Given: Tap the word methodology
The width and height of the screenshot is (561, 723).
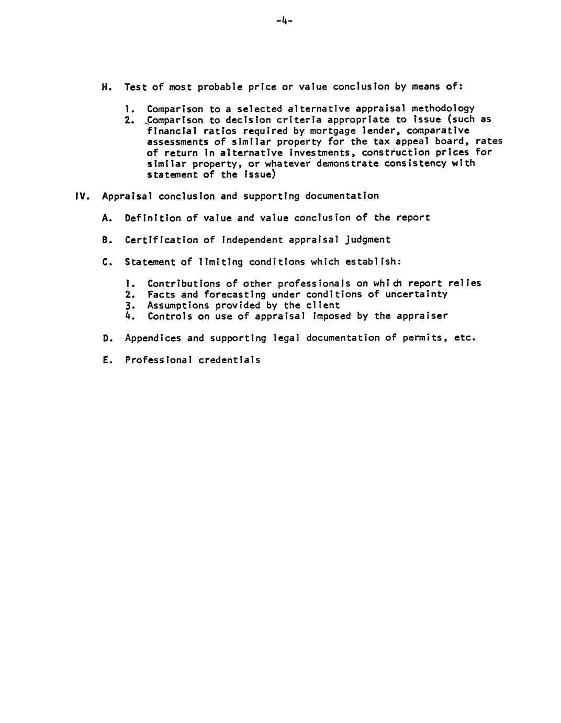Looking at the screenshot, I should pos(443,109).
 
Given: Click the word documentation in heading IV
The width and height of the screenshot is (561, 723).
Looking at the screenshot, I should pos(342,196).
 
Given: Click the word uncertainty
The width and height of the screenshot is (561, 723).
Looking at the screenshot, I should pos(417,294).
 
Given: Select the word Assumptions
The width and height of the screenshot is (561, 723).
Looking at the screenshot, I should pos(178,305).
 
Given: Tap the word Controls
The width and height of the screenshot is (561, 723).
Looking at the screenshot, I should pos(170,316).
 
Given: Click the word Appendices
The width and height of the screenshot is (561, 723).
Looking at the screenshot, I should pos(153,338).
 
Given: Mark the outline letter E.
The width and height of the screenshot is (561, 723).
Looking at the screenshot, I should pos(106,360).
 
